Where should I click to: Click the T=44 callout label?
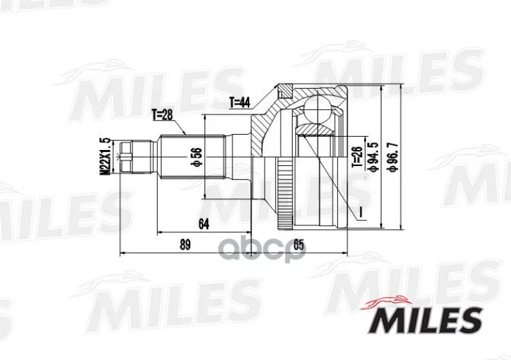click(x=240, y=103)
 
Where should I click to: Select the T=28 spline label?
click(x=162, y=115)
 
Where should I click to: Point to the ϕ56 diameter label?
click(x=198, y=158)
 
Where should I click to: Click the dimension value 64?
click(x=204, y=224)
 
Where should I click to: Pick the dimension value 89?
click(x=185, y=244)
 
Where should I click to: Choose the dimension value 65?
click(x=298, y=245)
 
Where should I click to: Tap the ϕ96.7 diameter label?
click(x=393, y=156)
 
